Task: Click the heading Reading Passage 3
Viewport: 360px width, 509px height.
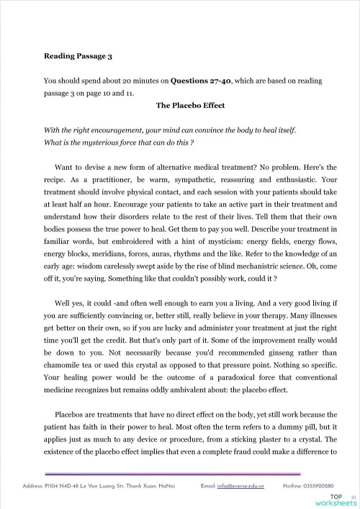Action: [x=77, y=55]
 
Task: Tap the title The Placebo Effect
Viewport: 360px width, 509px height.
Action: [x=190, y=105]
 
